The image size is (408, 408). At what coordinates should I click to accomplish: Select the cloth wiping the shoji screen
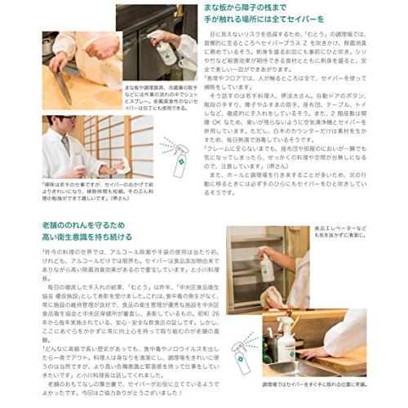[109, 166]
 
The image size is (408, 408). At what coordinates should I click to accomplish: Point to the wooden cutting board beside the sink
[343, 360]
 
